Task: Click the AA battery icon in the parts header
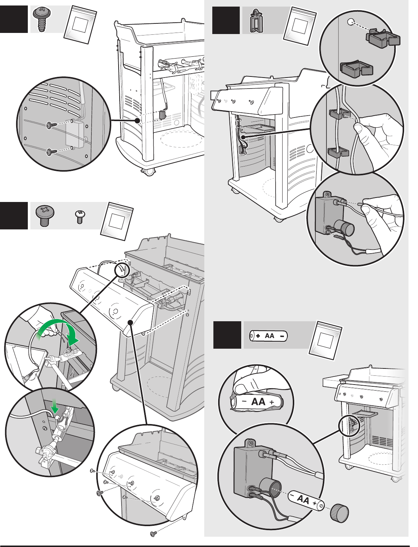268,336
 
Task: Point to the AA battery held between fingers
257,402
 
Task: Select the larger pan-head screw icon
45,216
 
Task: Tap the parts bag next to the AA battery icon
325,341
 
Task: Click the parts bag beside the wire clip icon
300,27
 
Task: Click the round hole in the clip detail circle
350,22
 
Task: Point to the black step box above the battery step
226,20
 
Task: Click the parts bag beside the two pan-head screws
117,221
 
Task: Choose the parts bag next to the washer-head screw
80,25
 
